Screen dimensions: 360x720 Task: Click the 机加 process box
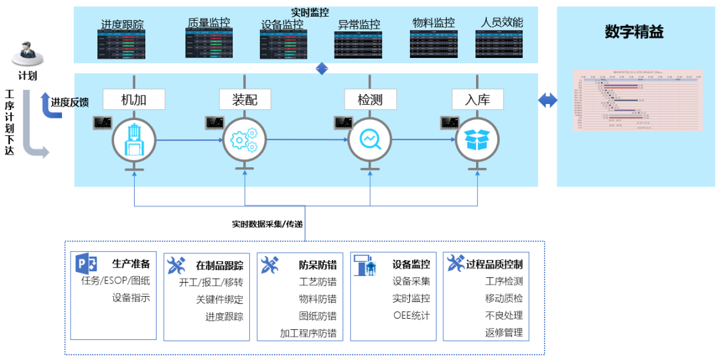[x=133, y=99]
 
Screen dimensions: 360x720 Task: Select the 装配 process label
[x=245, y=99]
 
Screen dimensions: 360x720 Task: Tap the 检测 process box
[x=370, y=99]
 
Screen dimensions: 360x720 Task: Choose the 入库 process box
[x=478, y=99]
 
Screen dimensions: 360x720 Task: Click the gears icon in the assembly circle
[x=244, y=139]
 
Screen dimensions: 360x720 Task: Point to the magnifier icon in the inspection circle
[x=370, y=139]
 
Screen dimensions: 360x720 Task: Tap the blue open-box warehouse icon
[x=477, y=139]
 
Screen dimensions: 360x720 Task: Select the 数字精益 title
[x=634, y=32]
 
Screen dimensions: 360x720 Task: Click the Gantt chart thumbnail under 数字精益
[x=638, y=99]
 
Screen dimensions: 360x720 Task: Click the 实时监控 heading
[x=310, y=12]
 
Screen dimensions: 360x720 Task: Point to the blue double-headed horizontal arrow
[x=547, y=101]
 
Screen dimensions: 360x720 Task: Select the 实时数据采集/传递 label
[x=267, y=224]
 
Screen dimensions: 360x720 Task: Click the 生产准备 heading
[x=131, y=264]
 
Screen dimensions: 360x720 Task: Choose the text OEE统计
[x=411, y=315]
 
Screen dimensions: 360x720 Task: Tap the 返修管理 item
[x=504, y=332]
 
